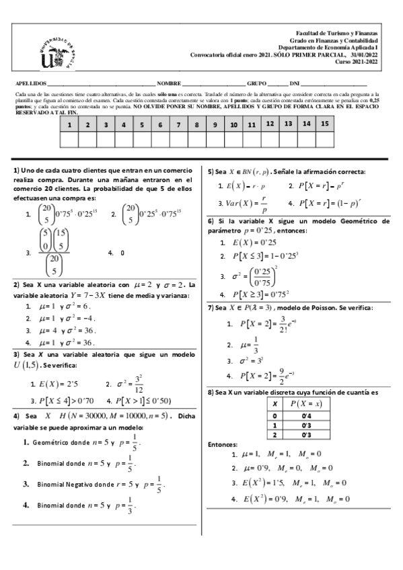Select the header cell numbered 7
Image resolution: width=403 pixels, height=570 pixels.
click(178, 125)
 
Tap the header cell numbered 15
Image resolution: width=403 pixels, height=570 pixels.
click(324, 124)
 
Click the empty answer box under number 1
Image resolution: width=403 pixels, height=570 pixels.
click(69, 140)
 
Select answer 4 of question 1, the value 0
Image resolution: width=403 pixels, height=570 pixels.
click(122, 253)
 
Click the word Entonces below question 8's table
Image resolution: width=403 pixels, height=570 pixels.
click(223, 445)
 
